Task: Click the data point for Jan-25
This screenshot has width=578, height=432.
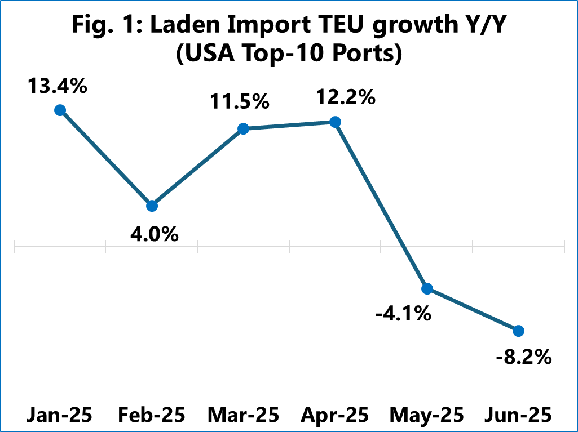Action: [60, 110]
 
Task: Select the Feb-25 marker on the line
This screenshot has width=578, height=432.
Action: [152, 206]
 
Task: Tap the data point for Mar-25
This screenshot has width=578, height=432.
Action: [244, 129]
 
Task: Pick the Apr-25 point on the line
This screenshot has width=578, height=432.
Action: [335, 122]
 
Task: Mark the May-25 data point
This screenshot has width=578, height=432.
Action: [427, 289]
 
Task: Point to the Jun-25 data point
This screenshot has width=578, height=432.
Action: [519, 330]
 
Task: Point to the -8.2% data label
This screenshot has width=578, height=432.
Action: [523, 357]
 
